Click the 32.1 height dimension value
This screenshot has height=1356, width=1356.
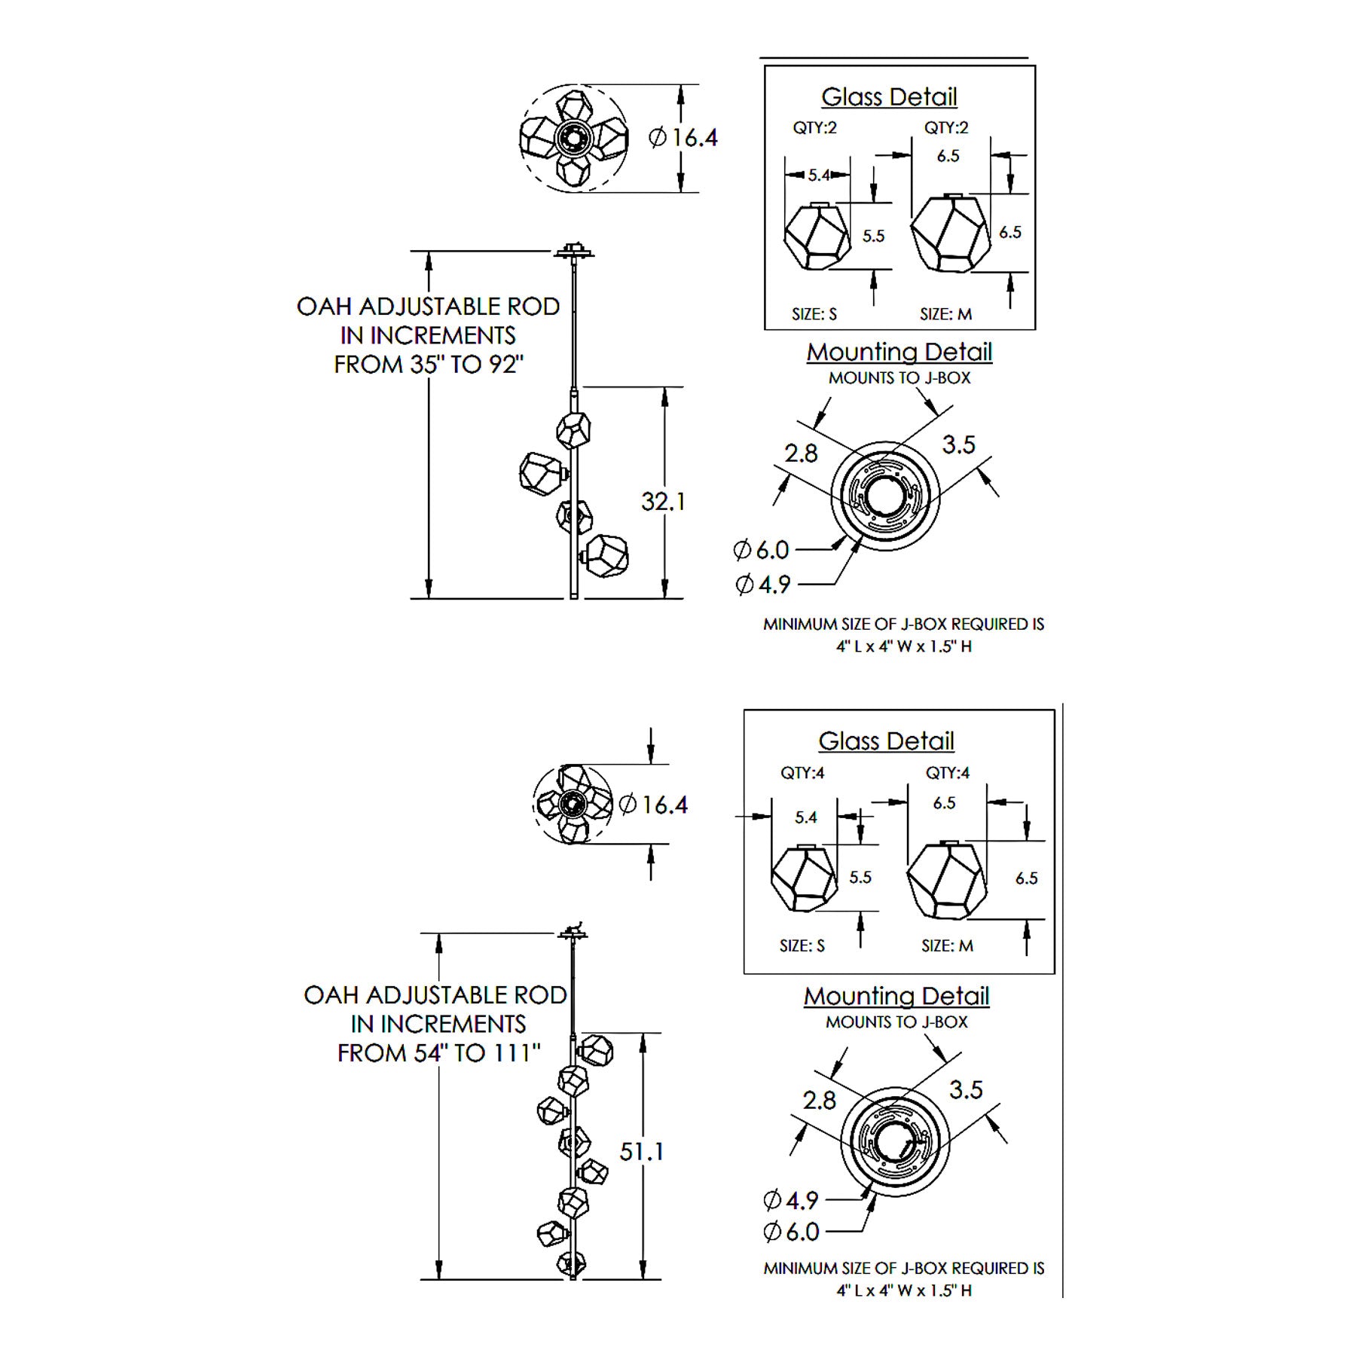(663, 501)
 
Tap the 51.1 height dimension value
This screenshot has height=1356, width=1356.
(641, 1151)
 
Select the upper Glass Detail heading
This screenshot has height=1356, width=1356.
(889, 96)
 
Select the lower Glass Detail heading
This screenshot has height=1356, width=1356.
(886, 741)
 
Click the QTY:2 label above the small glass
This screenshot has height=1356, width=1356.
(814, 128)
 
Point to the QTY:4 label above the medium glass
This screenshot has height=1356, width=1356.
(947, 772)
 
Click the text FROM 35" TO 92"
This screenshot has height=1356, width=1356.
(428, 365)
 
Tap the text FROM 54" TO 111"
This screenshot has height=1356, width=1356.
(438, 1052)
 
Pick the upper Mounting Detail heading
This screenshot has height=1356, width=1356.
(899, 352)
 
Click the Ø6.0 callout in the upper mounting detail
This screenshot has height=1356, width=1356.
(761, 550)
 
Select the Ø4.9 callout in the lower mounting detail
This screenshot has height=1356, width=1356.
(791, 1199)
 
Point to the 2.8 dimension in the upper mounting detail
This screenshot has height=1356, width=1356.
(801, 453)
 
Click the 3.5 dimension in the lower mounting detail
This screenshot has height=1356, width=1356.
(966, 1089)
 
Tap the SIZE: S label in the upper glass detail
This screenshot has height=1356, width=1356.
(814, 314)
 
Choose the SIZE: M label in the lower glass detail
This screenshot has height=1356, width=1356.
(947, 945)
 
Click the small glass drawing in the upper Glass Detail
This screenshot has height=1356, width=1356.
(816, 237)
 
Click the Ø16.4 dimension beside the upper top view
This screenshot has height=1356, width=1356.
(683, 138)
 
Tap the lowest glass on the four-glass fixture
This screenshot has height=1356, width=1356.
(606, 556)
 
